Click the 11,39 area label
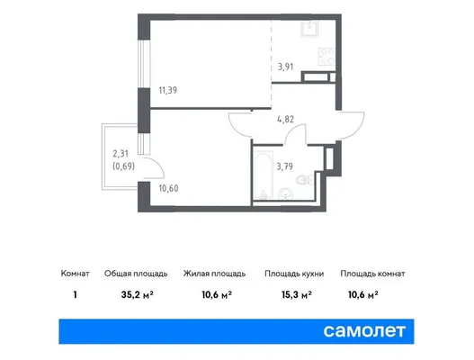coord(168,90)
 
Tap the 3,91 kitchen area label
coord(286,67)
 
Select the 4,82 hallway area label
coord(286,119)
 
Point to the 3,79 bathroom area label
coord(285,166)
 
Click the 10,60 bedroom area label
coord(168,188)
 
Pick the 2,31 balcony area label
coord(121,154)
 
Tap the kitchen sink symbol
coord(309,29)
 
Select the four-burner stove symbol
coord(326,57)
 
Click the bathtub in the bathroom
coord(263,177)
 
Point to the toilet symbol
coord(304,181)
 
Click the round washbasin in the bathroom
coord(285,193)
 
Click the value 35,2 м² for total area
coord(138,294)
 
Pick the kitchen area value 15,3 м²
coord(297,294)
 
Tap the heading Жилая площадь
coord(214,274)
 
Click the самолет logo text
coord(364,331)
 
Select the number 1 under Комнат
coord(75,294)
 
